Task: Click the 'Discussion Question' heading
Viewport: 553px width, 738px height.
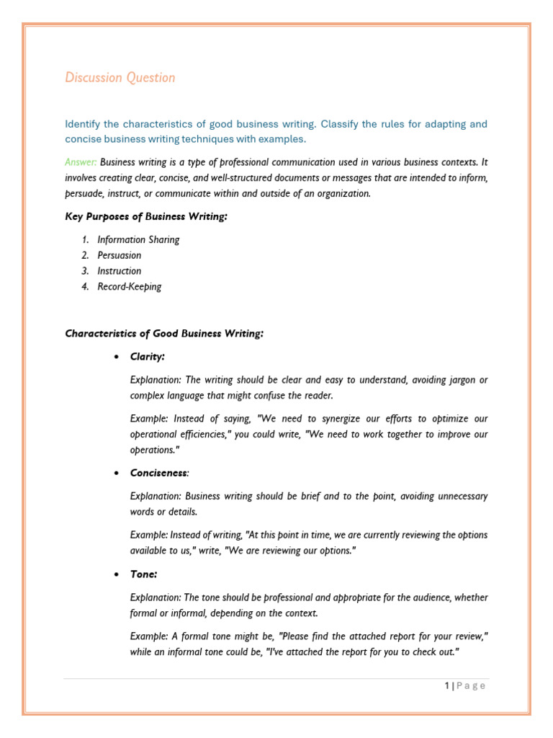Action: coord(120,78)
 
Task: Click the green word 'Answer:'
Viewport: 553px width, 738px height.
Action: coord(81,162)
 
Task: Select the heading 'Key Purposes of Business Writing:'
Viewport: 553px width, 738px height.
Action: coord(146,217)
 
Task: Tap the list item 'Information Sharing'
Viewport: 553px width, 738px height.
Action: coord(138,240)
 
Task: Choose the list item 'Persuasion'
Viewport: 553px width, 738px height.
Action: coord(120,255)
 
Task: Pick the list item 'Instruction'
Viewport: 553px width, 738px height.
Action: coord(120,271)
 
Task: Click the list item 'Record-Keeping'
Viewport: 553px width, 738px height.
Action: coord(130,287)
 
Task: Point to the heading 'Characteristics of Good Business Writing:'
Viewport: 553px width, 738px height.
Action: coord(164,333)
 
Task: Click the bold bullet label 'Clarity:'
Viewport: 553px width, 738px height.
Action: coord(148,357)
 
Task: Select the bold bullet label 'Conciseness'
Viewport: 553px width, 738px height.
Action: coord(158,473)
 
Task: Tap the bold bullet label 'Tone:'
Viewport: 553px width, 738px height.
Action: coord(143,574)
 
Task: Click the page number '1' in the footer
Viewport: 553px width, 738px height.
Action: coord(447,686)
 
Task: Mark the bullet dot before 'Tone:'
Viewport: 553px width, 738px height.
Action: coord(115,575)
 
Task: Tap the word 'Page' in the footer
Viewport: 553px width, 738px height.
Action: coord(471,686)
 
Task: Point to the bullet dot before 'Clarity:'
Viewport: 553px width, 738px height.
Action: coord(115,357)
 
